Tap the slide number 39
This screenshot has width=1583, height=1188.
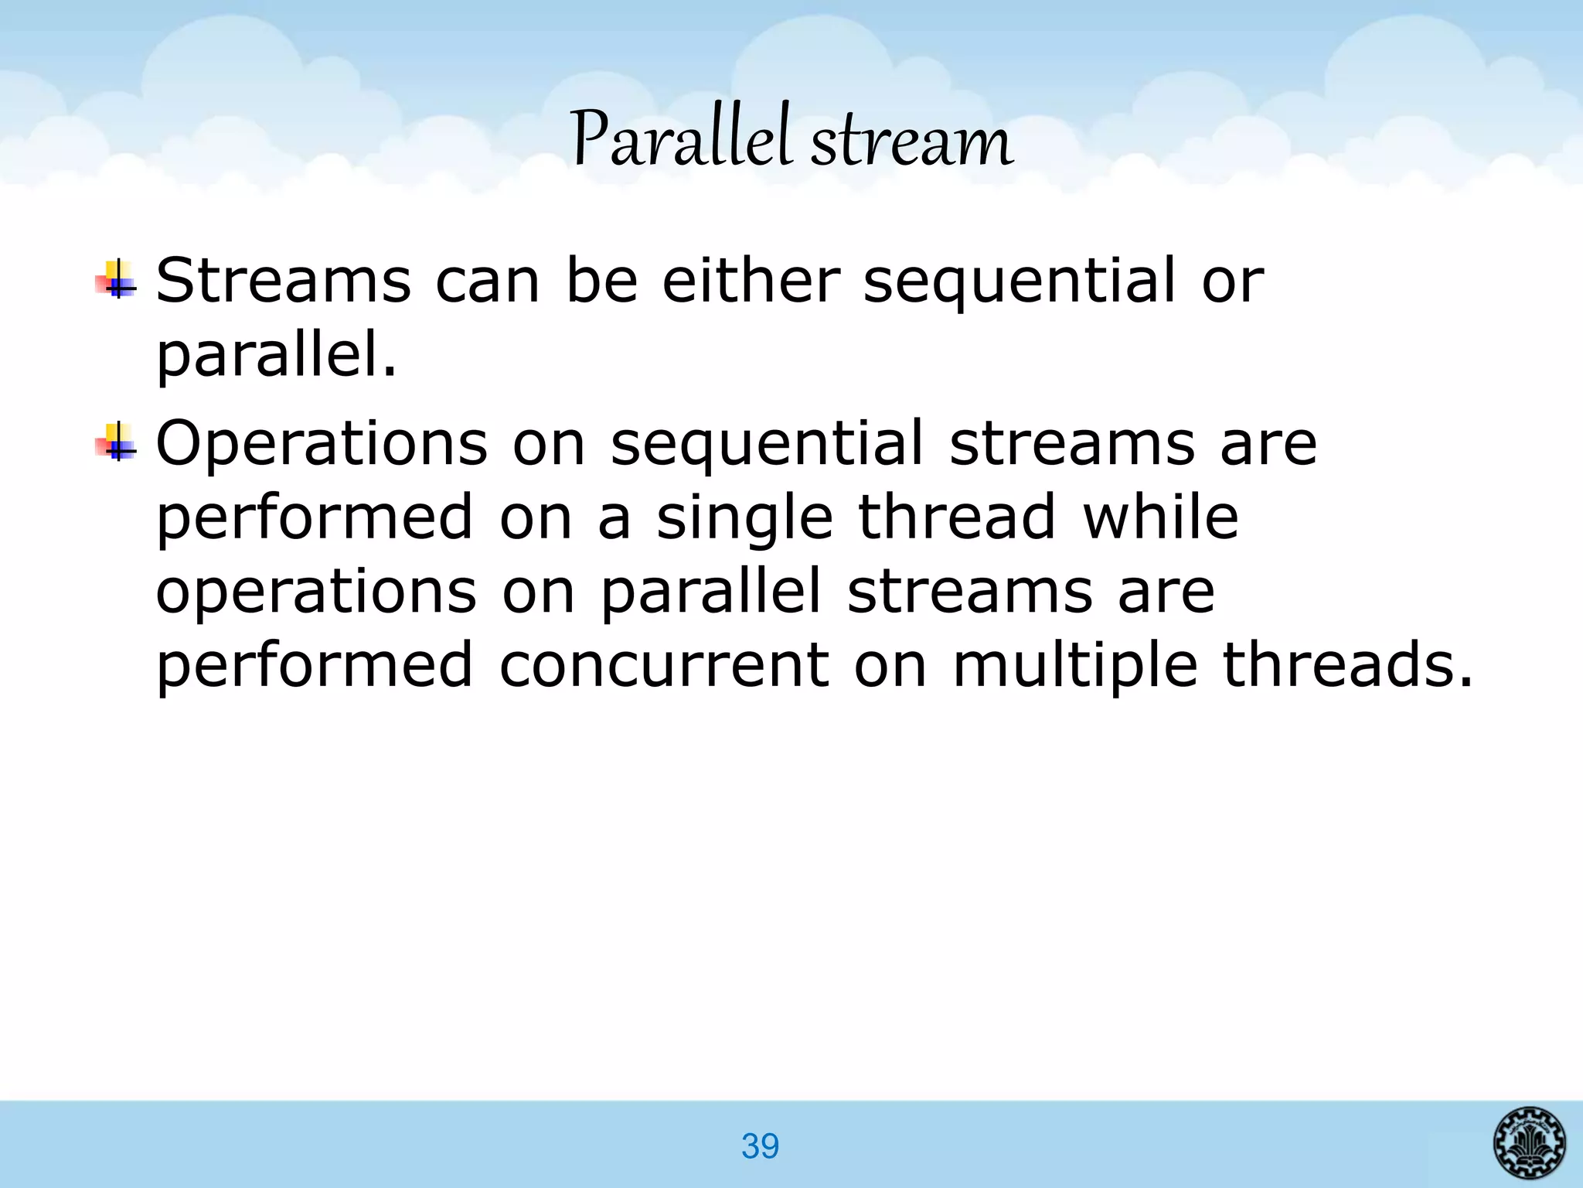(760, 1145)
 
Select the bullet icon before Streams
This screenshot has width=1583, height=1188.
(115, 280)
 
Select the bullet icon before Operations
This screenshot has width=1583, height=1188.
(115, 443)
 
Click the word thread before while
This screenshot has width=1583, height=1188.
(956, 517)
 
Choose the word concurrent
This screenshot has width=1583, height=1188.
(664, 665)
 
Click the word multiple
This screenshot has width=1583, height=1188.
(1074, 667)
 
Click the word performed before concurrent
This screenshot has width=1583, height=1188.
(314, 667)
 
